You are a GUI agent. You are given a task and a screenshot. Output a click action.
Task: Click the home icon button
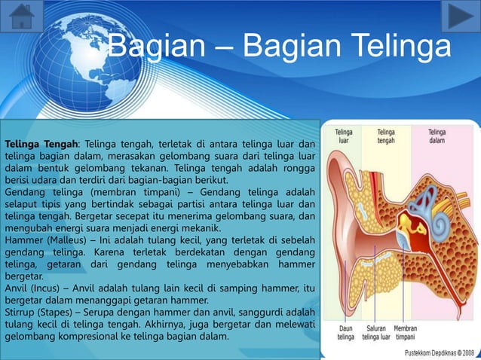pos(22,17)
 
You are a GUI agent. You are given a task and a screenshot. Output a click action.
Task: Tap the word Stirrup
pos(22,312)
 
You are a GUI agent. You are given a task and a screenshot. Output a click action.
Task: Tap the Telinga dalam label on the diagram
pos(437,136)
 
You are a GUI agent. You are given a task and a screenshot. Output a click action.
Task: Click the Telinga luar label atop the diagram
pos(344,136)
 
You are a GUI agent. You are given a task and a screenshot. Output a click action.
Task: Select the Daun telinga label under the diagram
pos(346,332)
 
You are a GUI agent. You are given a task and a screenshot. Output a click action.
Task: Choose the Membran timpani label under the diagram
pos(406,332)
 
